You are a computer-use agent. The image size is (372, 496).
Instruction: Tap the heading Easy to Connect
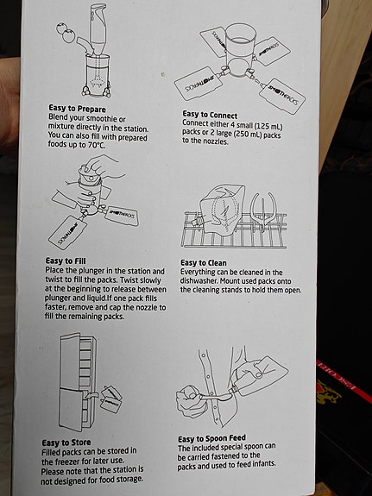click(215, 113)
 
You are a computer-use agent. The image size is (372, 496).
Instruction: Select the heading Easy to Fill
click(70, 260)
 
